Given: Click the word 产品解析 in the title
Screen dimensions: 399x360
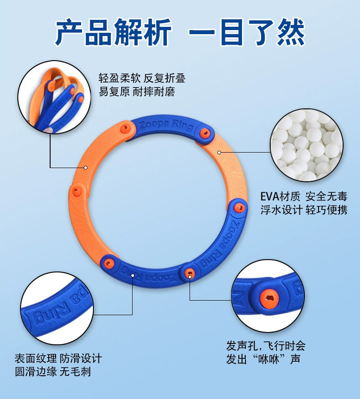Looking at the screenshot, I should (113, 33).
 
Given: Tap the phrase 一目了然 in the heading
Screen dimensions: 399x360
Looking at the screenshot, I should (247, 33).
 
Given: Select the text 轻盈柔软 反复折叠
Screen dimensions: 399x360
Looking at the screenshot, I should (142, 78).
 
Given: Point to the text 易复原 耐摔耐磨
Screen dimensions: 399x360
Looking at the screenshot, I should (137, 92).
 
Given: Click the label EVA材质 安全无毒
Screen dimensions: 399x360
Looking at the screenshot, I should (303, 197).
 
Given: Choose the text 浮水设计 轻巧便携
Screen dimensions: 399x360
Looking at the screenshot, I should (303, 210).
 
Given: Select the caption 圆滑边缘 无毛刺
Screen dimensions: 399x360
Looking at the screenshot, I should (52, 372).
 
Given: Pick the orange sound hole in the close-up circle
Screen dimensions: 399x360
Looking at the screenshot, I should (269, 297).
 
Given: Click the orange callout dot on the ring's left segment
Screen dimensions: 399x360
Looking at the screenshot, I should (85, 167).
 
